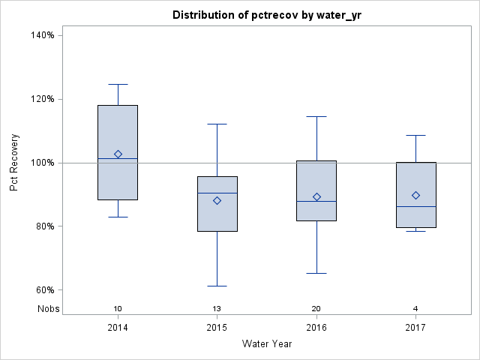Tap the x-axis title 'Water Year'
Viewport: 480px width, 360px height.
(267, 344)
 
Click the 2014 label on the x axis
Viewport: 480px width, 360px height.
(118, 328)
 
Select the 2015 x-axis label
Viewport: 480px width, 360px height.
(217, 328)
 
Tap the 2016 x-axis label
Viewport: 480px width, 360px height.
(316, 328)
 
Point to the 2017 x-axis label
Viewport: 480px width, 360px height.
(416, 328)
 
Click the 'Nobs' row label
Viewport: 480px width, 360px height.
(49, 308)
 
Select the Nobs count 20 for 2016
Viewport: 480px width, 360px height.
(316, 308)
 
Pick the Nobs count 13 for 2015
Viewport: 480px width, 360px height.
(217, 308)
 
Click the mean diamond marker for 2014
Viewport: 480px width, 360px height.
(118, 154)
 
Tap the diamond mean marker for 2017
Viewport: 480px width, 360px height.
(416, 195)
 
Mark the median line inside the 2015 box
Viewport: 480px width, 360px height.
(217, 193)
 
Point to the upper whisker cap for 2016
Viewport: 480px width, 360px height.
(316, 116)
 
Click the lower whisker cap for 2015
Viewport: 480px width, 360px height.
(217, 286)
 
